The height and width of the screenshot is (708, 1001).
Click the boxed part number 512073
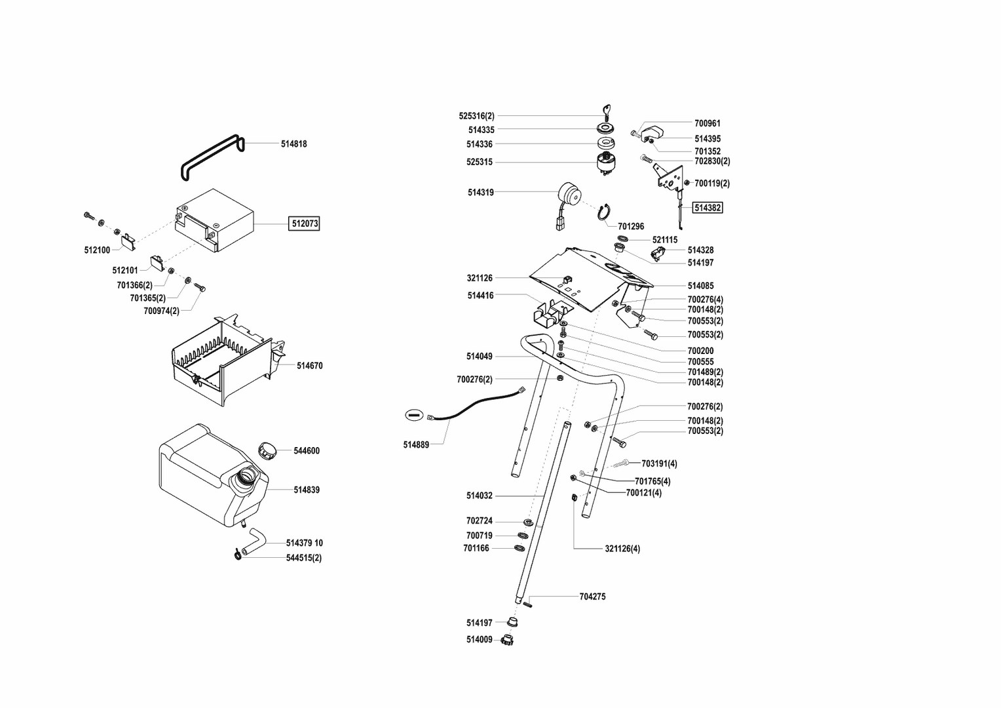click(305, 224)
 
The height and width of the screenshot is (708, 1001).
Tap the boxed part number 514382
click(708, 208)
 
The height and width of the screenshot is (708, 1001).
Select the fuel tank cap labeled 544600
click(267, 450)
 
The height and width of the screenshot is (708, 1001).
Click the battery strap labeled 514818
click(212, 157)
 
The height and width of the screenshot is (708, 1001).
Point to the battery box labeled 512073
click(214, 220)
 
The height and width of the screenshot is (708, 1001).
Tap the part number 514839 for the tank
click(307, 490)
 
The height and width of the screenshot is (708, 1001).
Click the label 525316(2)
click(476, 116)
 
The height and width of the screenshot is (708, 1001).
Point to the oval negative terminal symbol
click(414, 414)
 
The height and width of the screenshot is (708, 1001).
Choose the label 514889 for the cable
click(416, 444)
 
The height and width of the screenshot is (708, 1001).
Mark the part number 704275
click(592, 597)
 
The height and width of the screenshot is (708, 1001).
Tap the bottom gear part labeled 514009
click(506, 640)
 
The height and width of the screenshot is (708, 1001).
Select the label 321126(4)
click(622, 549)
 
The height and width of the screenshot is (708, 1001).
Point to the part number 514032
click(479, 496)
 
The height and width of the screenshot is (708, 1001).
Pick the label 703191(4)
click(659, 463)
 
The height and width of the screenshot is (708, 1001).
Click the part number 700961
click(708, 123)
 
